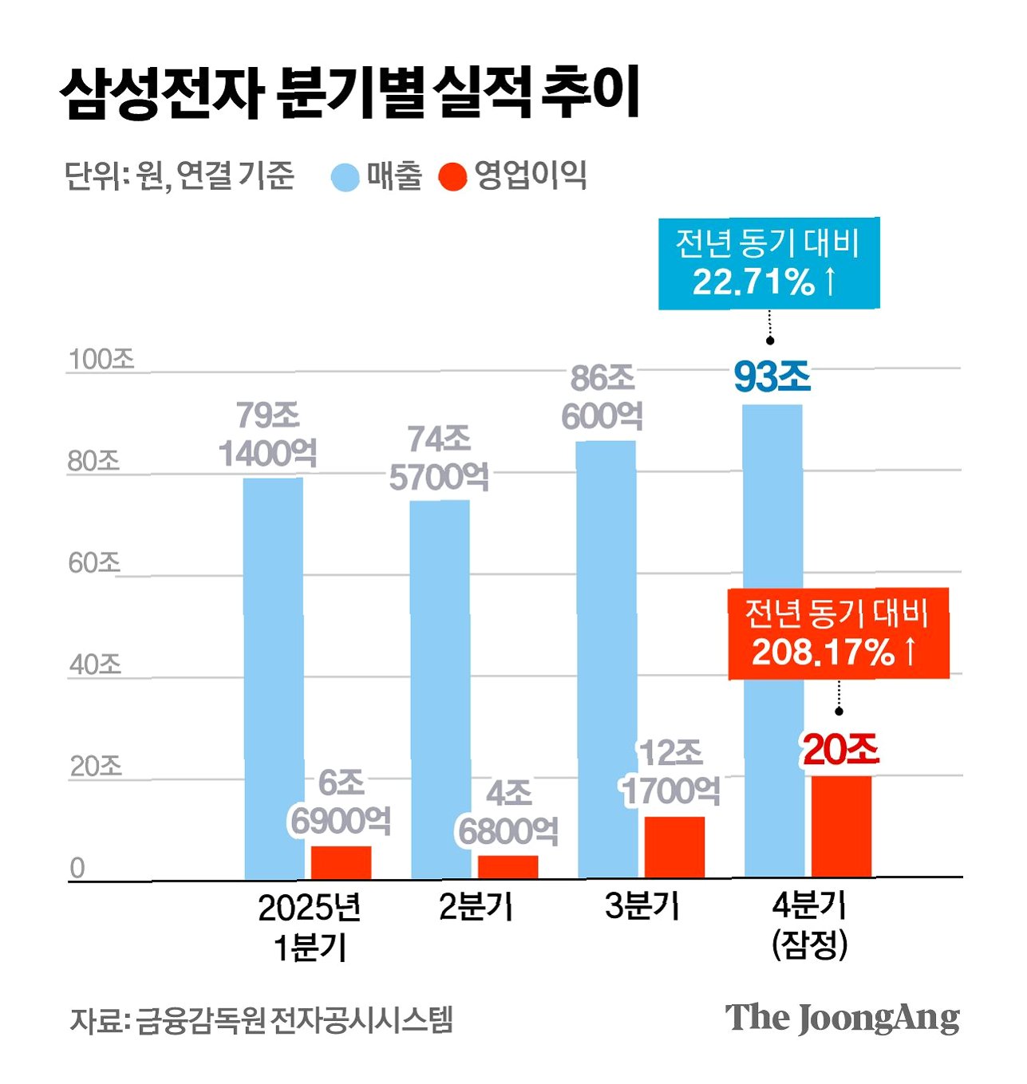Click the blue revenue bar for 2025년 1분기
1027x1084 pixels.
tap(273, 678)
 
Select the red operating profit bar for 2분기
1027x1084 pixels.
tap(508, 866)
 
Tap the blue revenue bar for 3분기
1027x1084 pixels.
tap(606, 659)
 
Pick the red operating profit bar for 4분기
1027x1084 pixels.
tap(842, 826)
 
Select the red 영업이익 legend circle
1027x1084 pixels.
tap(452, 176)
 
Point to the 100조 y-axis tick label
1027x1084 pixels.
tap(101, 359)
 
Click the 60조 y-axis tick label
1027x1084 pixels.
tap(94, 563)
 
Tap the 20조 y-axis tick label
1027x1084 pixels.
tap(96, 767)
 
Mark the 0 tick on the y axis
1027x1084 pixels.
tap(77, 868)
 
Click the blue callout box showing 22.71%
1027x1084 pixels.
tap(769, 263)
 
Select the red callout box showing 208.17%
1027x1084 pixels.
tap(839, 633)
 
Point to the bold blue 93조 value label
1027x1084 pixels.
tap(772, 377)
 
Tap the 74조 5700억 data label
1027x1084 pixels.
tap(439, 458)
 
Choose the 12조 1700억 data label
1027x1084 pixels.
tap(671, 772)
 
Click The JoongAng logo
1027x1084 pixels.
tap(842, 1018)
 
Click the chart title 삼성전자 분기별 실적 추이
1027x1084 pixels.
tap(350, 92)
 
